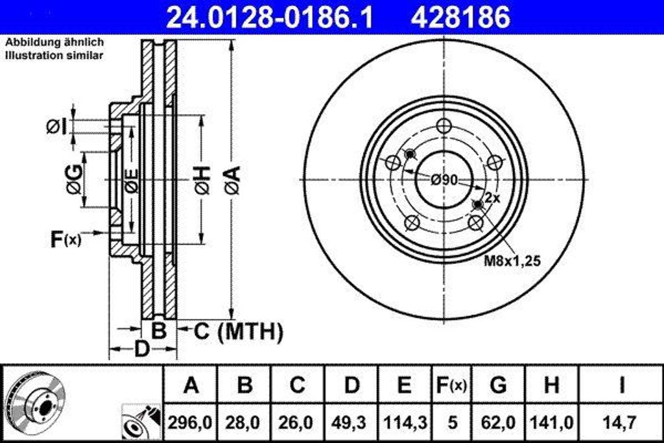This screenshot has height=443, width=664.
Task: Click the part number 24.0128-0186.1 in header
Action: [270, 18]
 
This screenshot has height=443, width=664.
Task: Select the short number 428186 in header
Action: [460, 18]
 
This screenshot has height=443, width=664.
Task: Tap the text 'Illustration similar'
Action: [54, 56]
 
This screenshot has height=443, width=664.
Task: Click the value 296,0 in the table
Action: [191, 423]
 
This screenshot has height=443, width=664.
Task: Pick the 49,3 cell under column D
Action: [351, 423]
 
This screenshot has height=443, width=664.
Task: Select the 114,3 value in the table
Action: [404, 423]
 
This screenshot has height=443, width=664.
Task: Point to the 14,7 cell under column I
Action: [621, 423]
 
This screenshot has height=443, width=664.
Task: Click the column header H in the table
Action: [551, 385]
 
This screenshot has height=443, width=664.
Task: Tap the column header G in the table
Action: [498, 385]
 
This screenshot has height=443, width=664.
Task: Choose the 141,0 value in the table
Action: [551, 423]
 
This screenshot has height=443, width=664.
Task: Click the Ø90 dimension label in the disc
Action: [445, 180]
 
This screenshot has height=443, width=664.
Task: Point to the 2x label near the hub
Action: [492, 199]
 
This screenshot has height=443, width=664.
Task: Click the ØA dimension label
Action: [232, 180]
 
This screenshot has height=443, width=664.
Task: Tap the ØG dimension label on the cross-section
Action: [73, 180]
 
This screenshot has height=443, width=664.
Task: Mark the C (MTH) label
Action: [239, 332]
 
